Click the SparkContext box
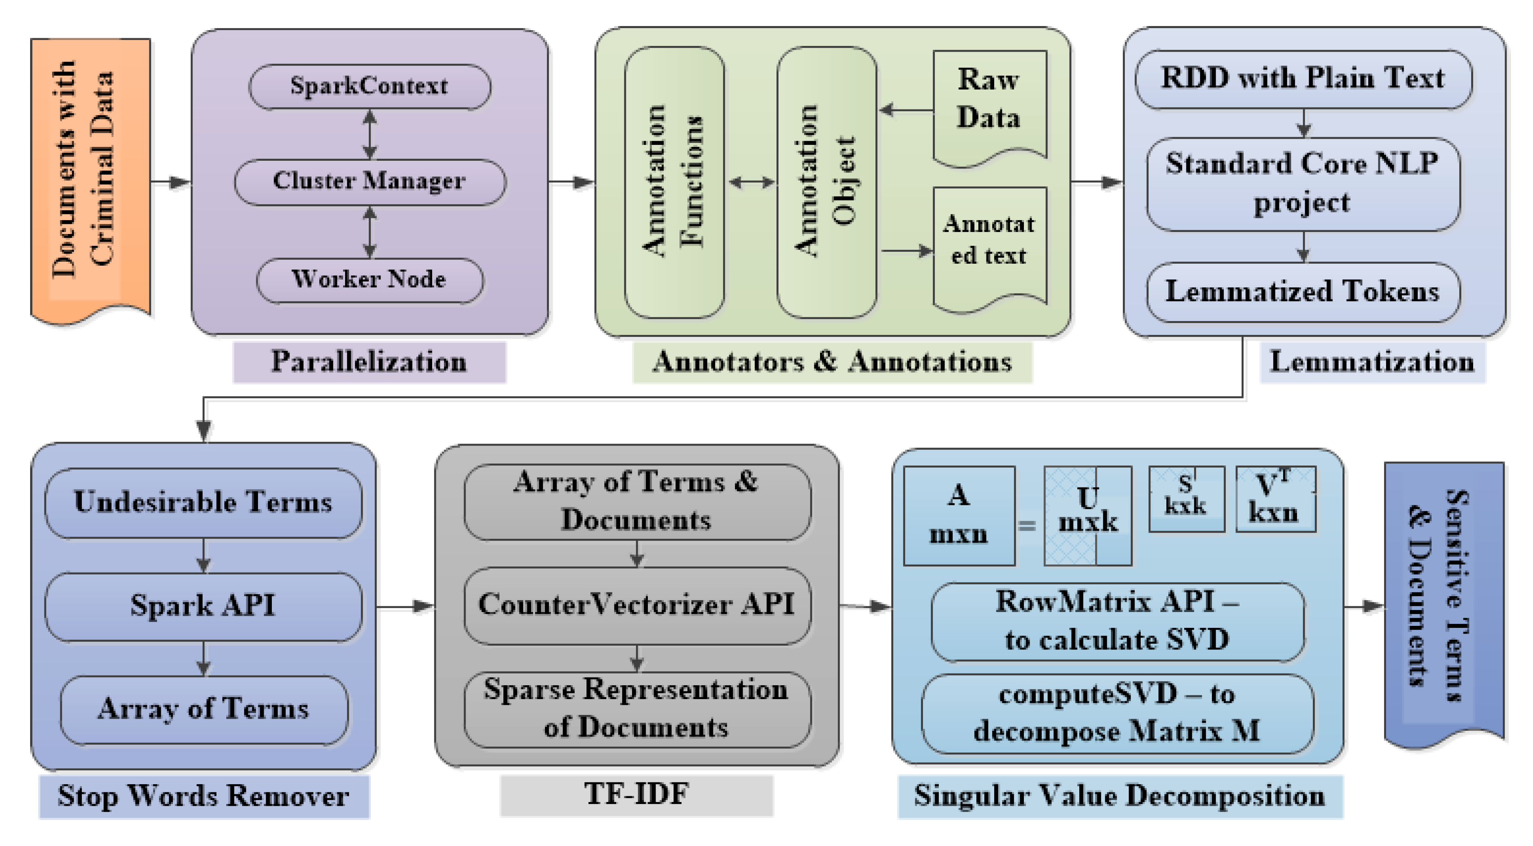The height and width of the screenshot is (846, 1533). tap(370, 86)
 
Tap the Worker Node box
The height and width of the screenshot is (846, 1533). tap(370, 279)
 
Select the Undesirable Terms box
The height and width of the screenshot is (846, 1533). tap(203, 502)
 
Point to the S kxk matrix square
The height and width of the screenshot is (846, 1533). tap(1186, 498)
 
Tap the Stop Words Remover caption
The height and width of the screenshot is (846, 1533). tap(203, 796)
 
